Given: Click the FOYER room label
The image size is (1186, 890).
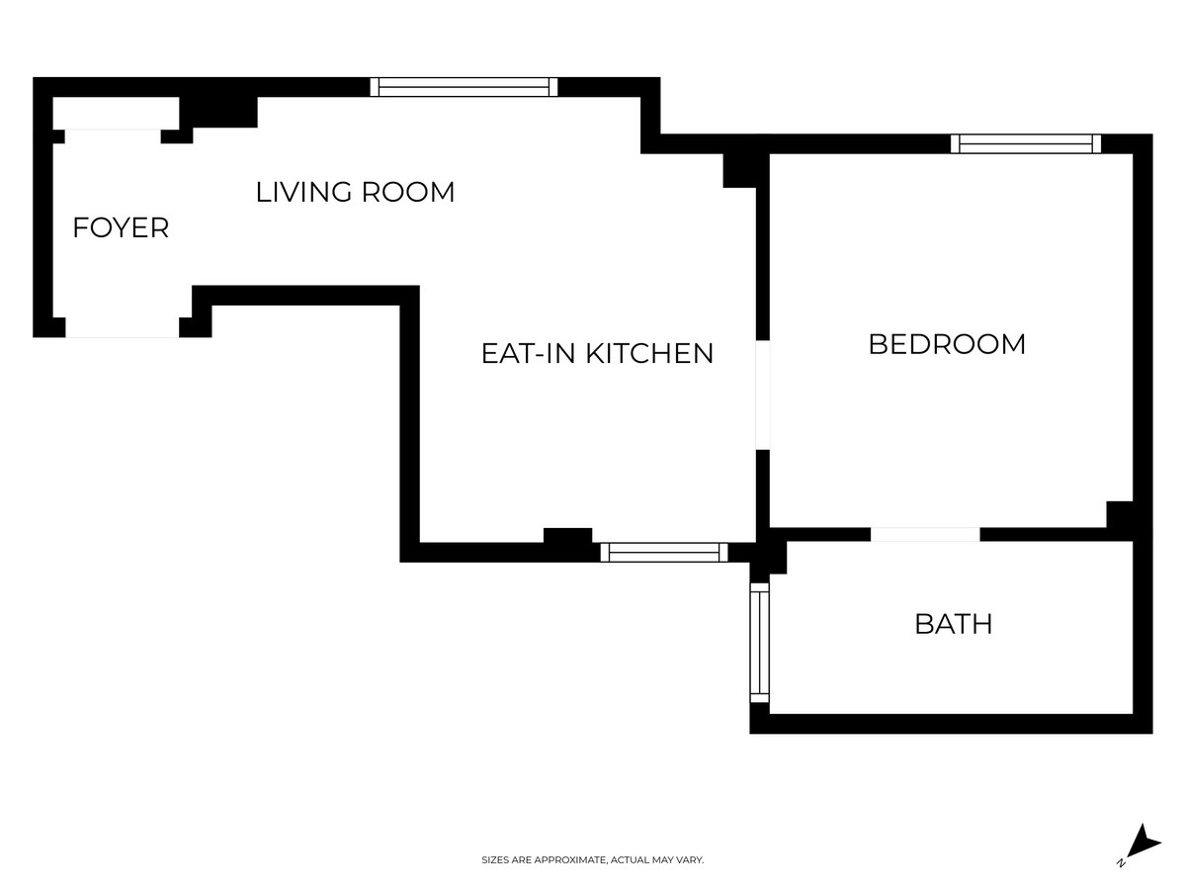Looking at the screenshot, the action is [121, 227].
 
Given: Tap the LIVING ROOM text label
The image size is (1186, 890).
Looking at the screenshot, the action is [355, 193].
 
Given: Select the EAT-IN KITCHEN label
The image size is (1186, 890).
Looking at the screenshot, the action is [597, 353].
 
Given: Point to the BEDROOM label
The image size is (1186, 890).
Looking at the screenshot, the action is [947, 344].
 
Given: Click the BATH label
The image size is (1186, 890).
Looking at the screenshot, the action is [954, 624].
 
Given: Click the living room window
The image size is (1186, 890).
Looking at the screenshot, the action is [464, 87].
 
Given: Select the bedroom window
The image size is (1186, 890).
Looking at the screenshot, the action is [1026, 143].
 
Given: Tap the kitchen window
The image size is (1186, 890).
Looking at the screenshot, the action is [664, 552].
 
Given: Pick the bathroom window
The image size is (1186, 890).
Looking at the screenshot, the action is [760, 643].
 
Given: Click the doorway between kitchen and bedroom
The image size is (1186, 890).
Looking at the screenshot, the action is [762, 395].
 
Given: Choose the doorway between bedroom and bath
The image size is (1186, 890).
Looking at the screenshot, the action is [925, 534].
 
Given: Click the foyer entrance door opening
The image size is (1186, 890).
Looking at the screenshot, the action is [123, 327].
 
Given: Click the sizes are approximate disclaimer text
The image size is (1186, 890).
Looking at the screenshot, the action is [593, 859].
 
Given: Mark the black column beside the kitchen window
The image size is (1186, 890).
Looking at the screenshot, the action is [568, 536].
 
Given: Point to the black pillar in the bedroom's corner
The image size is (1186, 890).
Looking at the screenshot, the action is [1120, 514].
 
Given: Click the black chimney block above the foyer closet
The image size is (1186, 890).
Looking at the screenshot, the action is [218, 113].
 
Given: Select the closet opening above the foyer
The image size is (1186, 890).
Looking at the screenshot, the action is [113, 136].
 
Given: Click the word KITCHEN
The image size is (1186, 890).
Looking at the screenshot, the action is [649, 353].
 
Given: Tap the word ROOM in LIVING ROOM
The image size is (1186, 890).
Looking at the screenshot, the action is [408, 193].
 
